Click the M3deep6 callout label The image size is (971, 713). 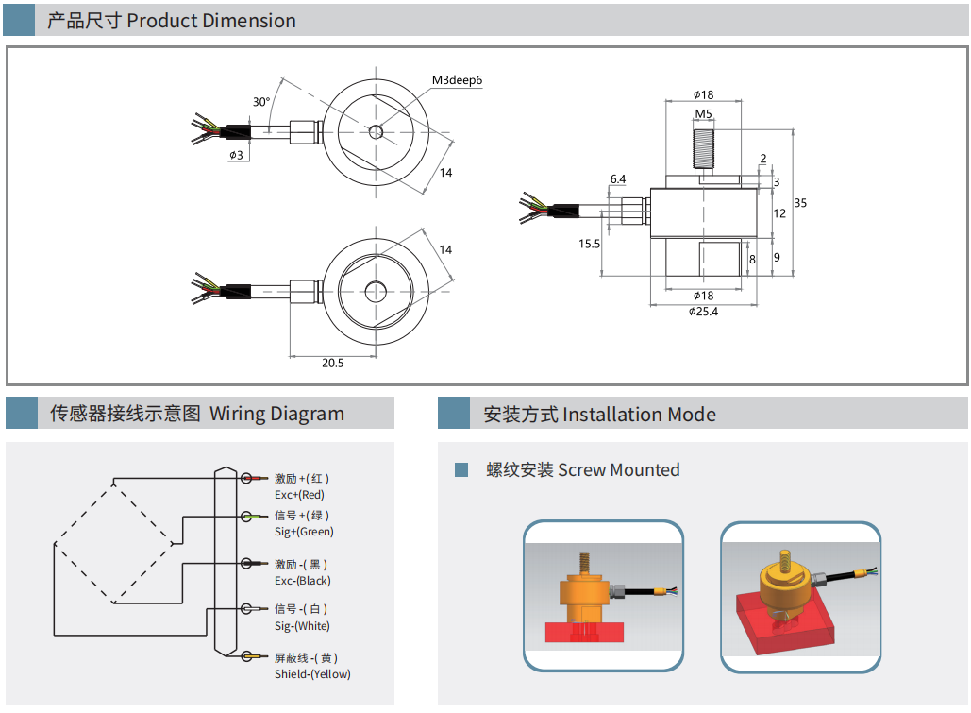point(457,80)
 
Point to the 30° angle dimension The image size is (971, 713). point(261,102)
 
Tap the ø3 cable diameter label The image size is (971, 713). point(236,154)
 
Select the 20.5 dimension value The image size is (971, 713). point(332,363)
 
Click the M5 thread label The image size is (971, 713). point(703,114)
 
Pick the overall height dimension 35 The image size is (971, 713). point(800,203)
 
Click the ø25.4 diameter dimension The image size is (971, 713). point(703,312)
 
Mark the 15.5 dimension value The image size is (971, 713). point(589,244)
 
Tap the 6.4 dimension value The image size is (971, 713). point(618,178)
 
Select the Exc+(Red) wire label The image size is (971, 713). point(299,495)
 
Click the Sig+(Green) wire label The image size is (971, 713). point(304,532)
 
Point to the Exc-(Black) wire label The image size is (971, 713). point(302,581)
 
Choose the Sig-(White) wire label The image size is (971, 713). point(302,626)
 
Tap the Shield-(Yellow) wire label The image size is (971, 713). point(312,674)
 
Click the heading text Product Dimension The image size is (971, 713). point(211,21)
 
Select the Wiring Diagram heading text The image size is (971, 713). point(276,414)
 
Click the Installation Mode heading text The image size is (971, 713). point(639,415)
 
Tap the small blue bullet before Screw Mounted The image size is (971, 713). point(461,470)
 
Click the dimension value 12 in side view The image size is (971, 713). point(779,213)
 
